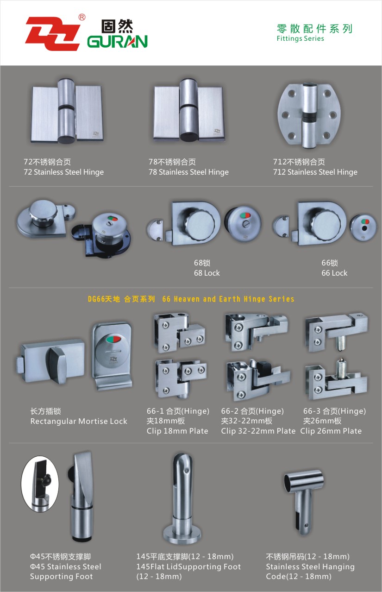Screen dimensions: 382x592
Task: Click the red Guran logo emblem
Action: click(52, 33)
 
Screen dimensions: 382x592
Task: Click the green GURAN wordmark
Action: click(117, 42)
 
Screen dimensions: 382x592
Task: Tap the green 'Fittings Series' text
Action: click(300, 38)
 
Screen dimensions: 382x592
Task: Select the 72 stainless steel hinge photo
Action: click(67, 111)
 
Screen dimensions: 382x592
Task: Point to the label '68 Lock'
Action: click(207, 273)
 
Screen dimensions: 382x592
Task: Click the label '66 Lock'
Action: click(334, 273)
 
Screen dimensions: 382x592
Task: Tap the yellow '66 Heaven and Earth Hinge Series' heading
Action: click(228, 299)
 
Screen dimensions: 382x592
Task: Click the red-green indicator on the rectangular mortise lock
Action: click(113, 340)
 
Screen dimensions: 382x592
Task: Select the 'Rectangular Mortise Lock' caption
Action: click(79, 421)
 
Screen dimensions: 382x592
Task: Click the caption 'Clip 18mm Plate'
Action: click(177, 431)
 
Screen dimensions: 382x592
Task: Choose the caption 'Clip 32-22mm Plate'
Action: click(258, 431)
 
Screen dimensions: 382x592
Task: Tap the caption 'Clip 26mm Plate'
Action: click(331, 431)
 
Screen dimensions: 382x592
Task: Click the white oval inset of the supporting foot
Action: click(40, 484)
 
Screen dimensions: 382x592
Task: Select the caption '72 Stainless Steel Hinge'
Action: click(64, 172)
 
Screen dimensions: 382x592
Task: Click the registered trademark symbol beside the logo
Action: click(82, 18)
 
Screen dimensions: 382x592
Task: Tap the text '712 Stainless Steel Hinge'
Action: click(315, 172)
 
